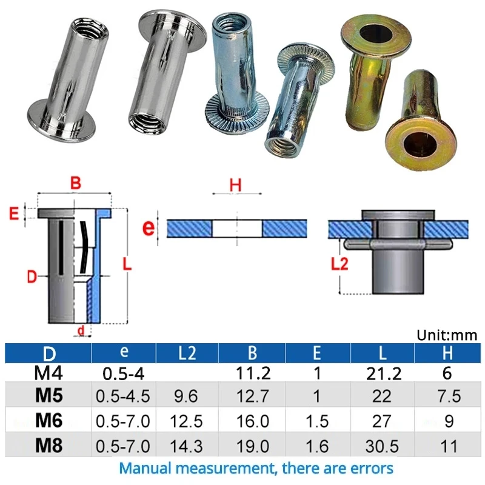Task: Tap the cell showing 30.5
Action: click(382, 447)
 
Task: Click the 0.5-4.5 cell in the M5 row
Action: click(123, 397)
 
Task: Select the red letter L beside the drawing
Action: click(126, 265)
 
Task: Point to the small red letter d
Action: click(80, 330)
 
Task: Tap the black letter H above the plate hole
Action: click(236, 186)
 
